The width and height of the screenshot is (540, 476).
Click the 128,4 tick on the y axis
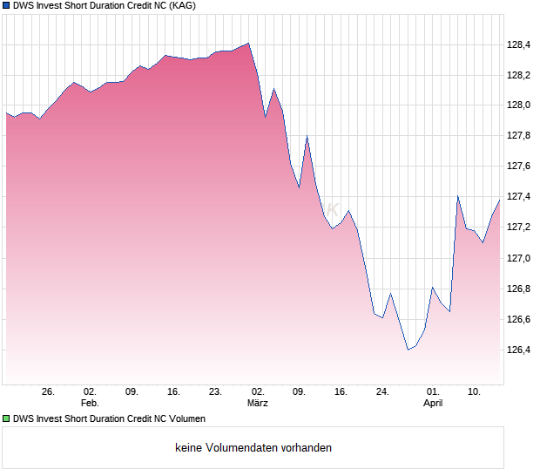519,44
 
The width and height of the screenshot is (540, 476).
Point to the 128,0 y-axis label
519,105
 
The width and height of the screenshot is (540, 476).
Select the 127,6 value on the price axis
519,167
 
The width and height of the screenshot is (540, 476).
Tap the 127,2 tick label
519,228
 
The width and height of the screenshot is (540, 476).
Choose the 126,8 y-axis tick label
519,289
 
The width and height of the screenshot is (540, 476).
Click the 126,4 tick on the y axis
519,350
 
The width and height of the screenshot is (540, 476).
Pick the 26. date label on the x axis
49,391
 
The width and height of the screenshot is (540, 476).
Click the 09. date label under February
132,391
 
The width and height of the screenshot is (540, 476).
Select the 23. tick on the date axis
216,391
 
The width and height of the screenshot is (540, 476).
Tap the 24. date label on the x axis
382,391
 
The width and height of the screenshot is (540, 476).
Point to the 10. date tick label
475,391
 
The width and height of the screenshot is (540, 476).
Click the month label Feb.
90,403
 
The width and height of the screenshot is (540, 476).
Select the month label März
258,403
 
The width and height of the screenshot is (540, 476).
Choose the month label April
433,403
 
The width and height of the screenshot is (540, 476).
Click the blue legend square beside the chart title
7,6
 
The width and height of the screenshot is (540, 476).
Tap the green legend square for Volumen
7,418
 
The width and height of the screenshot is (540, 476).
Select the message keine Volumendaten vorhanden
253,448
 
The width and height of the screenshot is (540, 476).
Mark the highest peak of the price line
248,43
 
